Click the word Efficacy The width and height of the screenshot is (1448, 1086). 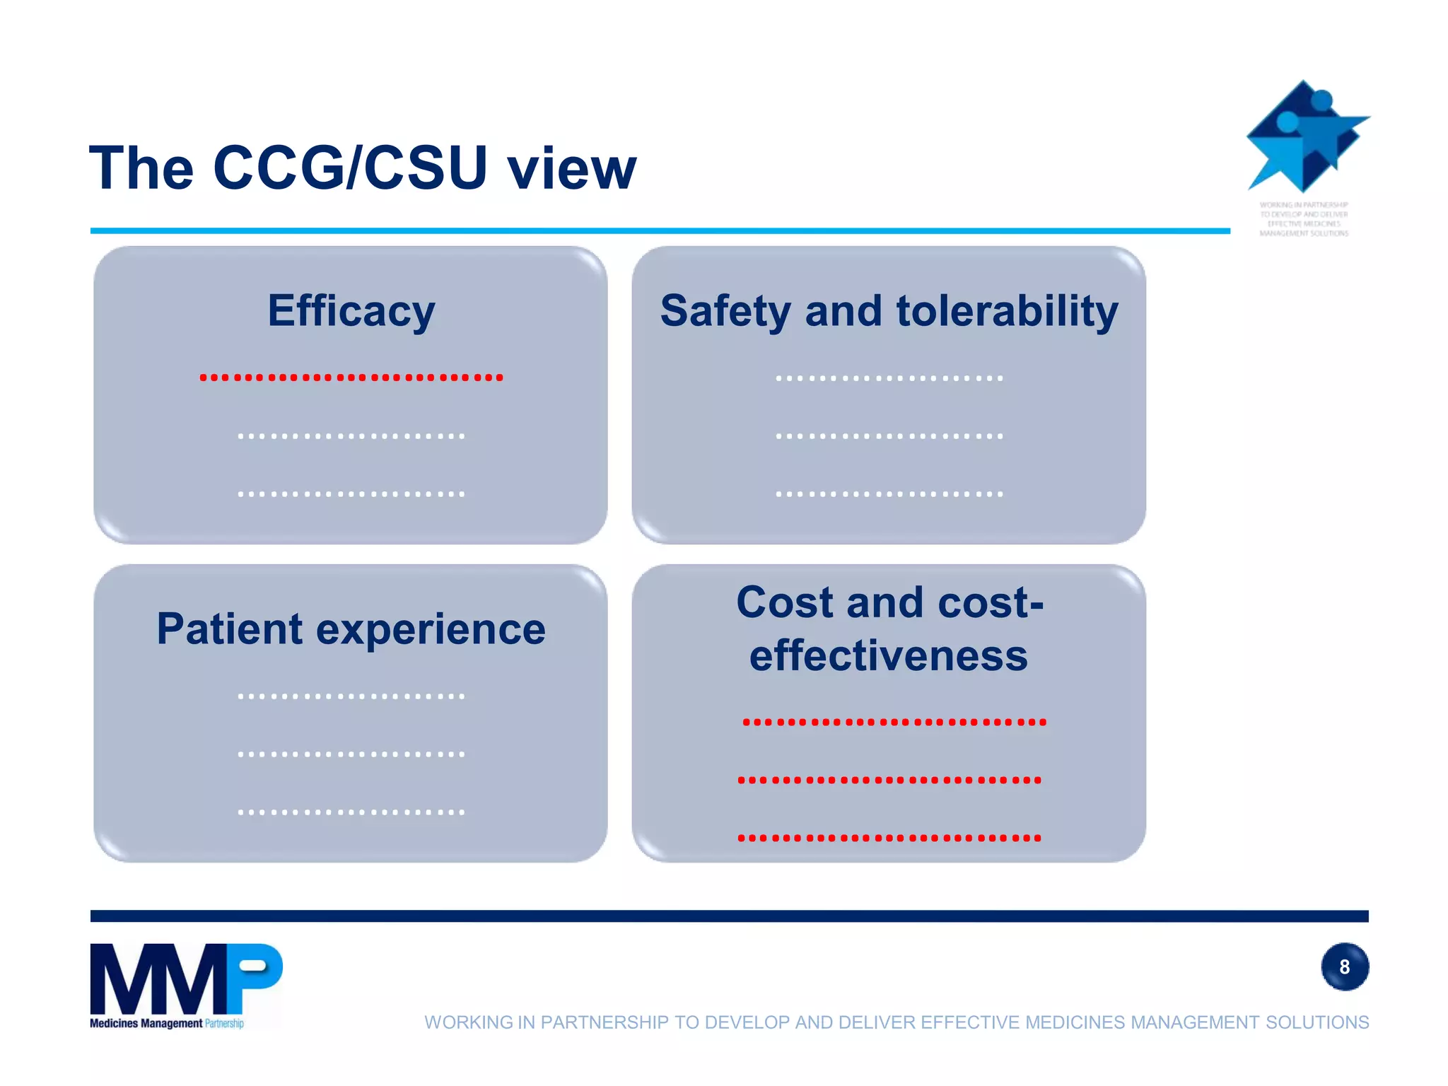coord(351,311)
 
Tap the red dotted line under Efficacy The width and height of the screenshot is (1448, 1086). coord(351,378)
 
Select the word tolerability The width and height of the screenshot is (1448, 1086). coord(1007,311)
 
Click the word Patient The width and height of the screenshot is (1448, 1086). coord(230,629)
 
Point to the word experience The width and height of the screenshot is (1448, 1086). coord(431,630)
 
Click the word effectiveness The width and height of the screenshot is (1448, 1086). coord(888,655)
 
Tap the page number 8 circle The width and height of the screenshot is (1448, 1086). coord(1344,967)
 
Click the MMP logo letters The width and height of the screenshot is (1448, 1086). coord(185,980)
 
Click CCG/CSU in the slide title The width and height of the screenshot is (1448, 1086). coord(350,168)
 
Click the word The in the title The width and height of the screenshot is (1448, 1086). coord(141,168)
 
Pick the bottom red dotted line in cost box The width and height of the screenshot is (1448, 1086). coord(889,838)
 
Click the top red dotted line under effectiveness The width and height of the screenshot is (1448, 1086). coord(894,722)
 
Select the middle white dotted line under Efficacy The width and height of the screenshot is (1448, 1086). coord(351,436)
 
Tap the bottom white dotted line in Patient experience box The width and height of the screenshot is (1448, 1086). coord(351,812)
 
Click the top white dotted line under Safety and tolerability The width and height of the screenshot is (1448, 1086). coord(889,378)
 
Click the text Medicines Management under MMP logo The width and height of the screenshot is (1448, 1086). coord(146,1023)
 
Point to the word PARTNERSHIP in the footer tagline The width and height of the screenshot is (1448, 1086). coord(603,1022)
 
